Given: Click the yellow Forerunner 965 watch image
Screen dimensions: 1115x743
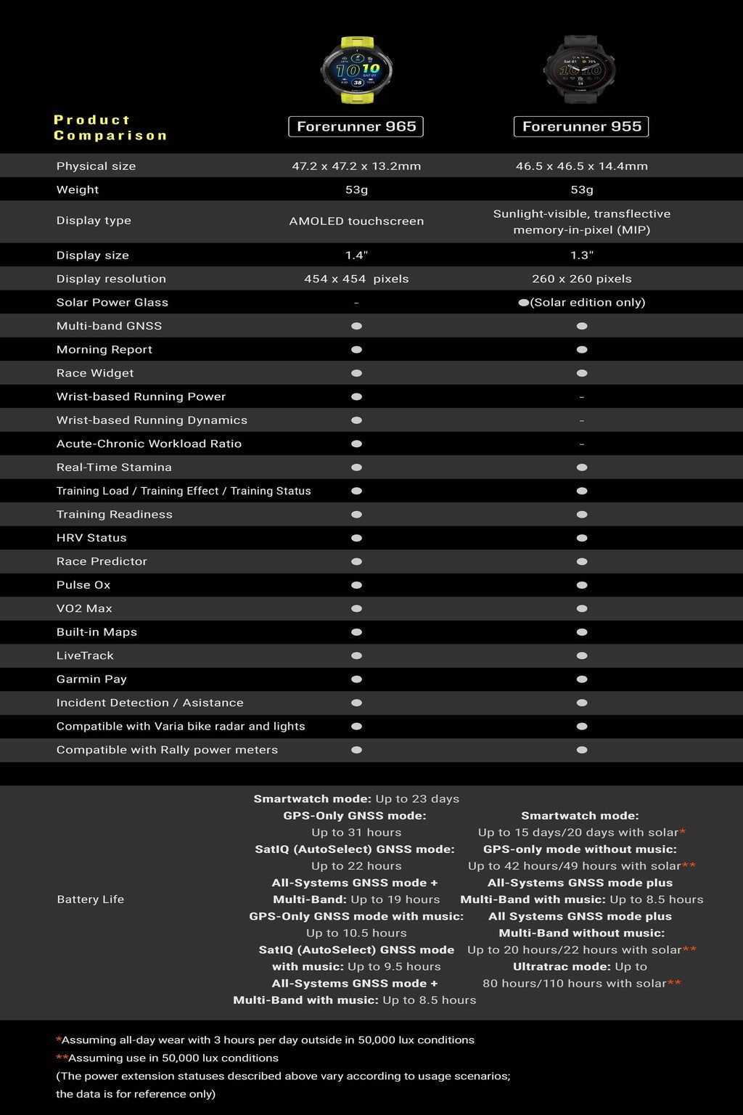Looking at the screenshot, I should coord(356,71).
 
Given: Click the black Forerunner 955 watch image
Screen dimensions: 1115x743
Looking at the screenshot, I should coord(581,71).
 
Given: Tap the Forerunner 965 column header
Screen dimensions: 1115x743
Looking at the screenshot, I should coord(356,126).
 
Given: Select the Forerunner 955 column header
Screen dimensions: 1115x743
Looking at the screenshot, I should coord(581,126).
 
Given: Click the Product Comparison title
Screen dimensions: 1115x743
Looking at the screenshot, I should coord(110,128).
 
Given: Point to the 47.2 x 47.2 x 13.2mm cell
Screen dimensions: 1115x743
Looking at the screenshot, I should coord(356,166).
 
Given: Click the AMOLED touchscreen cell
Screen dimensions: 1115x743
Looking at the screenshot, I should coord(356,221).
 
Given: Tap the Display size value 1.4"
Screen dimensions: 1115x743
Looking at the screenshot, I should coord(356,256).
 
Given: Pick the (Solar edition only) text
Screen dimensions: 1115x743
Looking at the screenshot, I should coord(588,303).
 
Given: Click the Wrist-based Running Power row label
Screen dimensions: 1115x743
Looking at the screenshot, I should coord(141,397).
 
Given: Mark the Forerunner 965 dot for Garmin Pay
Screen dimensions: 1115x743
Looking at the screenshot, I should coord(356,679).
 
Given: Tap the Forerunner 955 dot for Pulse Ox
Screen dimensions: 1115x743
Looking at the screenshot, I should coord(581,585).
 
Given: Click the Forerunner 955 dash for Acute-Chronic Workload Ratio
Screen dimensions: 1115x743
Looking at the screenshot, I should coord(581,444).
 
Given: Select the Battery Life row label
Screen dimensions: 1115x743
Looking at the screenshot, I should coord(91,899).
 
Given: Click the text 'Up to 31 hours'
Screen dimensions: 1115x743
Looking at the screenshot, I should coord(356,833).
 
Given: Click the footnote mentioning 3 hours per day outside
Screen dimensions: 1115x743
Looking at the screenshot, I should coord(266,1040).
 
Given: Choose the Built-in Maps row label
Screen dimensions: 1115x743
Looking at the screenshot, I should coord(97,632).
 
